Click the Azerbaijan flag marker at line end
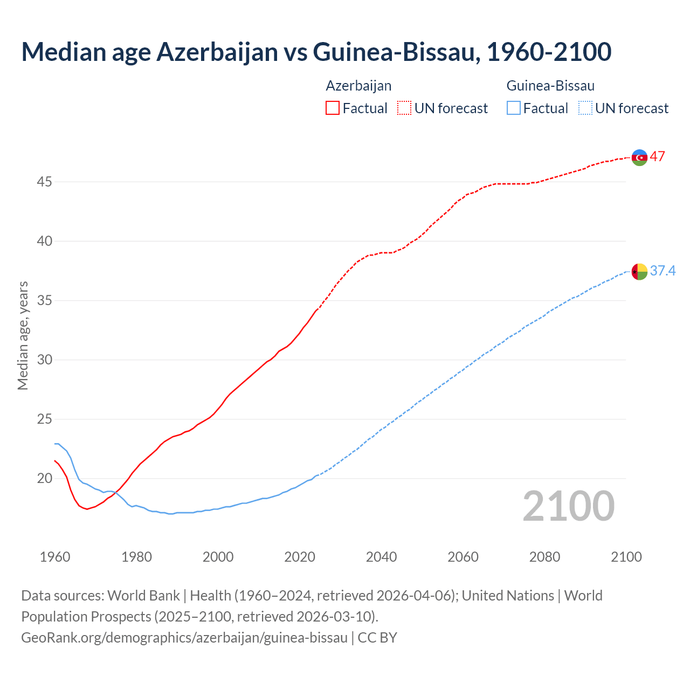(639, 157)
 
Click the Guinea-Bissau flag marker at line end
(639, 272)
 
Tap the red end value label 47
(657, 157)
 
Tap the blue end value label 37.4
(663, 271)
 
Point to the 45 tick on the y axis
(44, 182)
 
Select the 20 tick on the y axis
(44, 479)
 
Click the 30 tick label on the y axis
(44, 360)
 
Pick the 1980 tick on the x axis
(136, 557)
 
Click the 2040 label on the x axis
(381, 557)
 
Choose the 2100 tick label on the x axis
(626, 557)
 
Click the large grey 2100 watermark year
(568, 506)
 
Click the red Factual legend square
(333, 108)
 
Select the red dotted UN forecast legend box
(404, 108)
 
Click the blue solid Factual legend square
(514, 108)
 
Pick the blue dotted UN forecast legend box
(585, 108)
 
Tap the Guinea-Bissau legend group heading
(550, 86)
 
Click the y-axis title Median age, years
(23, 335)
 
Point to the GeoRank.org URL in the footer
(184, 638)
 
